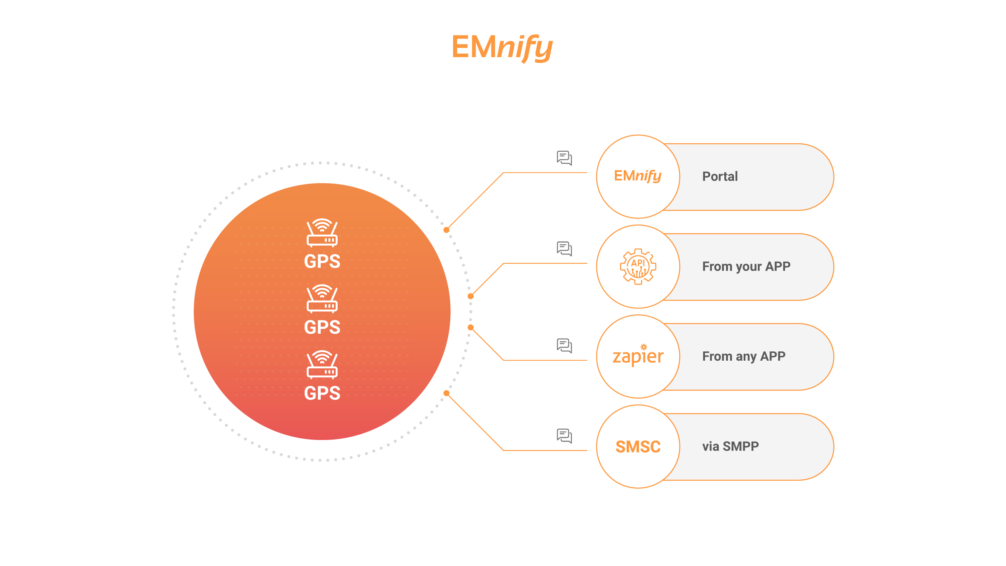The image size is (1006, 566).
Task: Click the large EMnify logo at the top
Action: pyautogui.click(x=502, y=48)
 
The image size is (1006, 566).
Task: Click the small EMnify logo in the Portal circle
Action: pyautogui.click(x=637, y=176)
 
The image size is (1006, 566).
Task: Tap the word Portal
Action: pyautogui.click(x=720, y=176)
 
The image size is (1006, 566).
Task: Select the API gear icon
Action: pyautogui.click(x=638, y=266)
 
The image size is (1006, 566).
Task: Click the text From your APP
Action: pyautogui.click(x=746, y=266)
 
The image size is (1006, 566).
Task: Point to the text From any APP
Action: pyautogui.click(x=744, y=356)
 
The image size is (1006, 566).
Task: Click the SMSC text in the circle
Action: pyautogui.click(x=638, y=447)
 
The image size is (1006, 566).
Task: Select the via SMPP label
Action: pyautogui.click(x=730, y=446)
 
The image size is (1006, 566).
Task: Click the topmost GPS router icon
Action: pyautogui.click(x=322, y=232)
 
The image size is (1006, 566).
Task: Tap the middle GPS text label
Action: pyautogui.click(x=322, y=327)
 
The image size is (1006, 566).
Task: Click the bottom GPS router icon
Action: pyautogui.click(x=322, y=364)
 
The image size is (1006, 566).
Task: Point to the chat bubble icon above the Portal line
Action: pyautogui.click(x=564, y=158)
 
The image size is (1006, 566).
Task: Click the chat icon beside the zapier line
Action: pyautogui.click(x=564, y=345)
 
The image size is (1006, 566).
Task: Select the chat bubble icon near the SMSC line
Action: pyautogui.click(x=564, y=436)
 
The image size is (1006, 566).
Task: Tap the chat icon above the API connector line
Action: pyautogui.click(x=564, y=248)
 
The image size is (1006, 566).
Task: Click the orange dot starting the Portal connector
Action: pyautogui.click(x=446, y=230)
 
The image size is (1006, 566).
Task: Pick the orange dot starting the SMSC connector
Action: pyautogui.click(x=446, y=393)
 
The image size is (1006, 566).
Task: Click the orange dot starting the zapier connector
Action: pyautogui.click(x=470, y=327)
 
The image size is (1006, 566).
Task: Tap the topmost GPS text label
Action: pyautogui.click(x=322, y=261)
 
